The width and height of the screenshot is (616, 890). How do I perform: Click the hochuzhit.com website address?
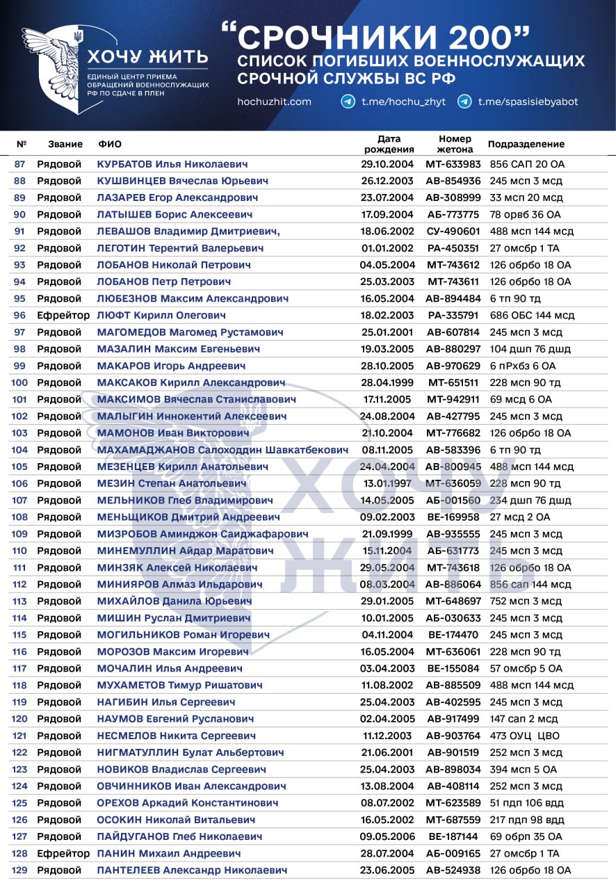click(274, 102)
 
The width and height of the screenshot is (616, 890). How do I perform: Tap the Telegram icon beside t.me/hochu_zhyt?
click(348, 102)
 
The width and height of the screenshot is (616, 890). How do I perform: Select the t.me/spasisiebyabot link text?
click(528, 102)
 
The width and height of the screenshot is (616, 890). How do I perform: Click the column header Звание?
click(65, 144)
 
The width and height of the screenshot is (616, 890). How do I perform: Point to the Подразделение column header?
click(526, 144)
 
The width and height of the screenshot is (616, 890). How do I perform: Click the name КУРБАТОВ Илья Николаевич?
click(172, 164)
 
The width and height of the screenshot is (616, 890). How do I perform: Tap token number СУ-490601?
click(453, 232)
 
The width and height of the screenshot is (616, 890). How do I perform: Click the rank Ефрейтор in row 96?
click(63, 316)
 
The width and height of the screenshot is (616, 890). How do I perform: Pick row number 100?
click(19, 382)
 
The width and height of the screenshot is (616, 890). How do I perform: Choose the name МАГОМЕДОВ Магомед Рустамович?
click(190, 332)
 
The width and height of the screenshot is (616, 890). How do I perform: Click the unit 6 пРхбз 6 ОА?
click(522, 366)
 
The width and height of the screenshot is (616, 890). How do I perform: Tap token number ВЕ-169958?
click(453, 517)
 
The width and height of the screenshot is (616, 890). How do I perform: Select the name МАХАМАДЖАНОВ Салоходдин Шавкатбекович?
click(222, 450)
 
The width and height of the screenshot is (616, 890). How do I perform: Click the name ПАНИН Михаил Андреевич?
click(169, 853)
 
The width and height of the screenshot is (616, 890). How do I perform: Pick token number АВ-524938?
click(453, 870)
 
